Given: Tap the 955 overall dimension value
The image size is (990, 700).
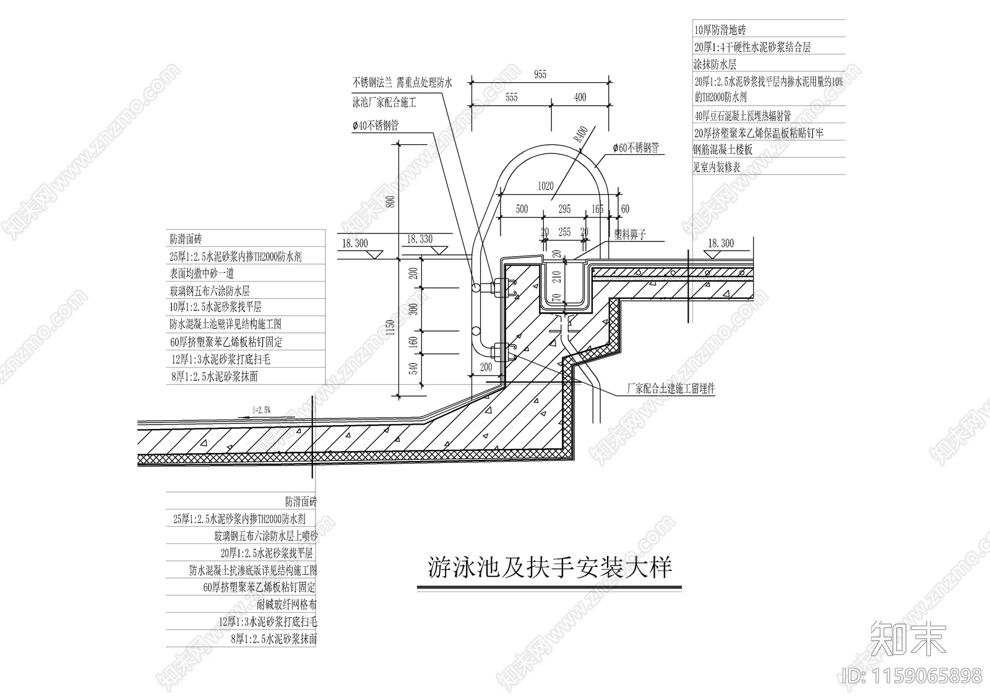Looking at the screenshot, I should tap(540, 75).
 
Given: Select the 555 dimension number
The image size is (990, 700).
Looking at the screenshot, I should tap(511, 97).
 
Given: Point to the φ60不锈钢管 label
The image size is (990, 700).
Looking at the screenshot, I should tap(635, 148).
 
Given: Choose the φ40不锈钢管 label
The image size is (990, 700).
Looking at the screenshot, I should tap(376, 126).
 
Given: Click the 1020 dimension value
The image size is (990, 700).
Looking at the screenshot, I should tap(545, 186).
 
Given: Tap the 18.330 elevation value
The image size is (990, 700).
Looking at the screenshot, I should tap(420, 240).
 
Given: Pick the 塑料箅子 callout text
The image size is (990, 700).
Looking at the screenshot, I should tap(630, 235).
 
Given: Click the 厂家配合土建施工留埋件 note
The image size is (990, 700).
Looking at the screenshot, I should tap(671, 389).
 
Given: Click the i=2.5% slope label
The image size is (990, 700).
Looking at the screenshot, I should tap(262, 410).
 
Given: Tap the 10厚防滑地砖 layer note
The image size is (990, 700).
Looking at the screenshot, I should tap(720, 30).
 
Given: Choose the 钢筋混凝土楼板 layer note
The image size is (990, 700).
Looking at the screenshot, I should tap(723, 150).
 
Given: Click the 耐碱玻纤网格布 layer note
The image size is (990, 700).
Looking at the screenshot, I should tap(286, 605).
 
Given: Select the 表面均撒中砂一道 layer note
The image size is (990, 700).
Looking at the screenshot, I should tap(202, 274).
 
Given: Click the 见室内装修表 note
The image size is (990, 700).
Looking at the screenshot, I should tap(717, 167).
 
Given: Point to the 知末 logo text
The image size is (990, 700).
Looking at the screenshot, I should tap(908, 638).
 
